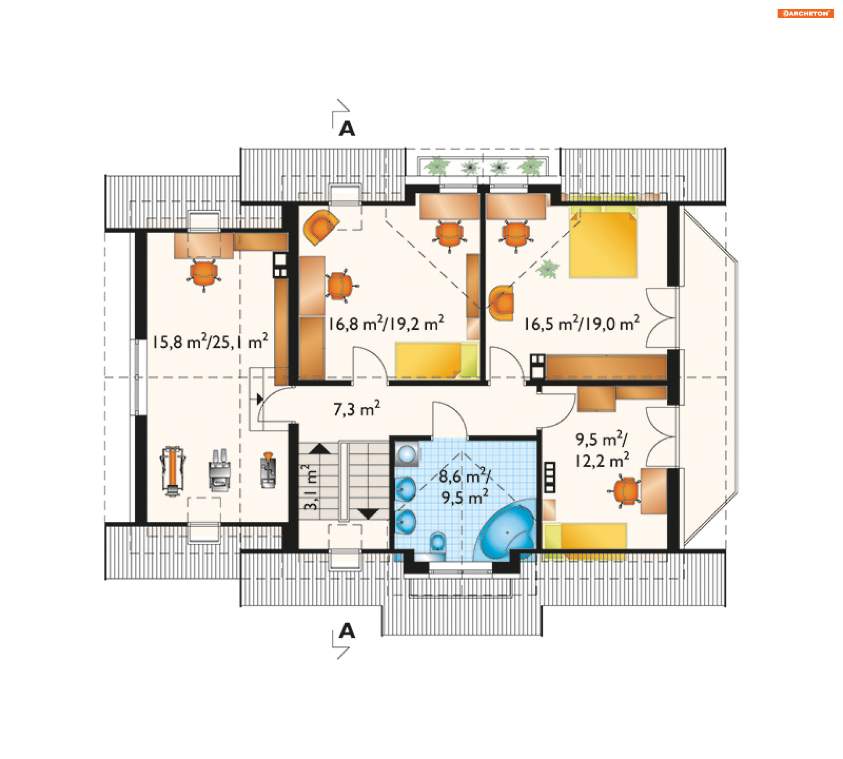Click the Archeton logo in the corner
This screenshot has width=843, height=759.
coord(805,14)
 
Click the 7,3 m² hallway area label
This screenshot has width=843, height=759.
coord(356,409)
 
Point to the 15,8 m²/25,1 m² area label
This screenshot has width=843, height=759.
coord(210,341)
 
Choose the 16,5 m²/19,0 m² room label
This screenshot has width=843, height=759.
coord(581,324)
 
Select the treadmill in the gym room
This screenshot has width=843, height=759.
coord(172,471)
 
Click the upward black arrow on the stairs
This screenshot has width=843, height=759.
coord(320,448)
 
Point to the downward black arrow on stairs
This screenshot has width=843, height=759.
coord(368,514)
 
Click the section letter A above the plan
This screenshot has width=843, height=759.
coord(347,129)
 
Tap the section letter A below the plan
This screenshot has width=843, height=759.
coord(347,631)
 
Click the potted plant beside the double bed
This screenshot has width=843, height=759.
coord(548,268)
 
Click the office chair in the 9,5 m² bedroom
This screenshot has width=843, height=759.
coord(626,491)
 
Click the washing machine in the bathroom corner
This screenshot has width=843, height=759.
coord(407,454)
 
